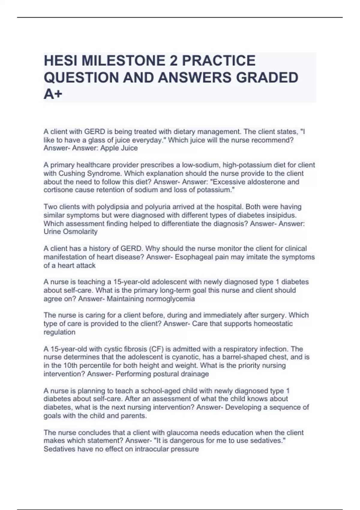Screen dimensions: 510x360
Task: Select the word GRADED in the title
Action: (267, 77)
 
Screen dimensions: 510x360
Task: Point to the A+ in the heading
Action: (53, 94)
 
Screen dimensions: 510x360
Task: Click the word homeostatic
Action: (273, 324)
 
